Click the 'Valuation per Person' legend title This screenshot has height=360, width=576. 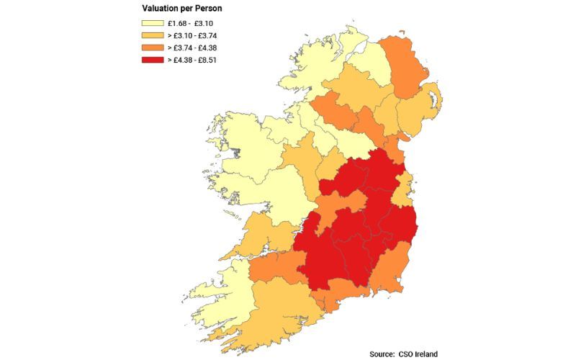tap(181, 9)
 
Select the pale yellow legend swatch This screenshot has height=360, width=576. tap(152, 23)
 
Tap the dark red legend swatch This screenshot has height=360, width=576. tap(152, 60)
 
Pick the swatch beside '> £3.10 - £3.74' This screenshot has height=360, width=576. tap(152, 35)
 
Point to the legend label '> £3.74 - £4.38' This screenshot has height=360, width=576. tap(192, 48)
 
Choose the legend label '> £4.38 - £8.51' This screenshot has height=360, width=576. tap(192, 60)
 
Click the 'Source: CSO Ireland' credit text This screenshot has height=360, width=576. tap(403, 354)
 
